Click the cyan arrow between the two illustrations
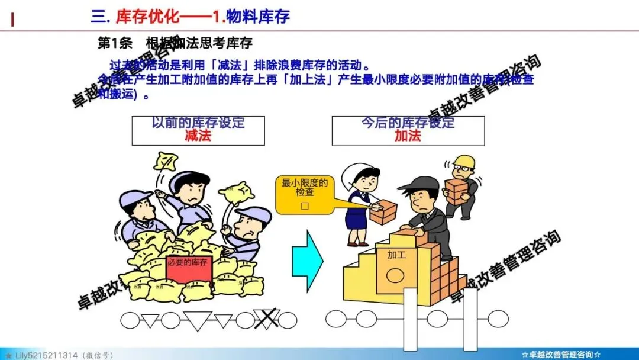[x=307, y=259]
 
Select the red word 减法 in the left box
[x=198, y=136]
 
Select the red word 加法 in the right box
[x=408, y=136]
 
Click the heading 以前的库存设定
[x=198, y=123]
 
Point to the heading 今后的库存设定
[x=408, y=123]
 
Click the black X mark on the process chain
[x=266, y=320]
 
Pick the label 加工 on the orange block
[x=397, y=256]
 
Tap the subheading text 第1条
[x=112, y=44]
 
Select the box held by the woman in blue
[x=383, y=211]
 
